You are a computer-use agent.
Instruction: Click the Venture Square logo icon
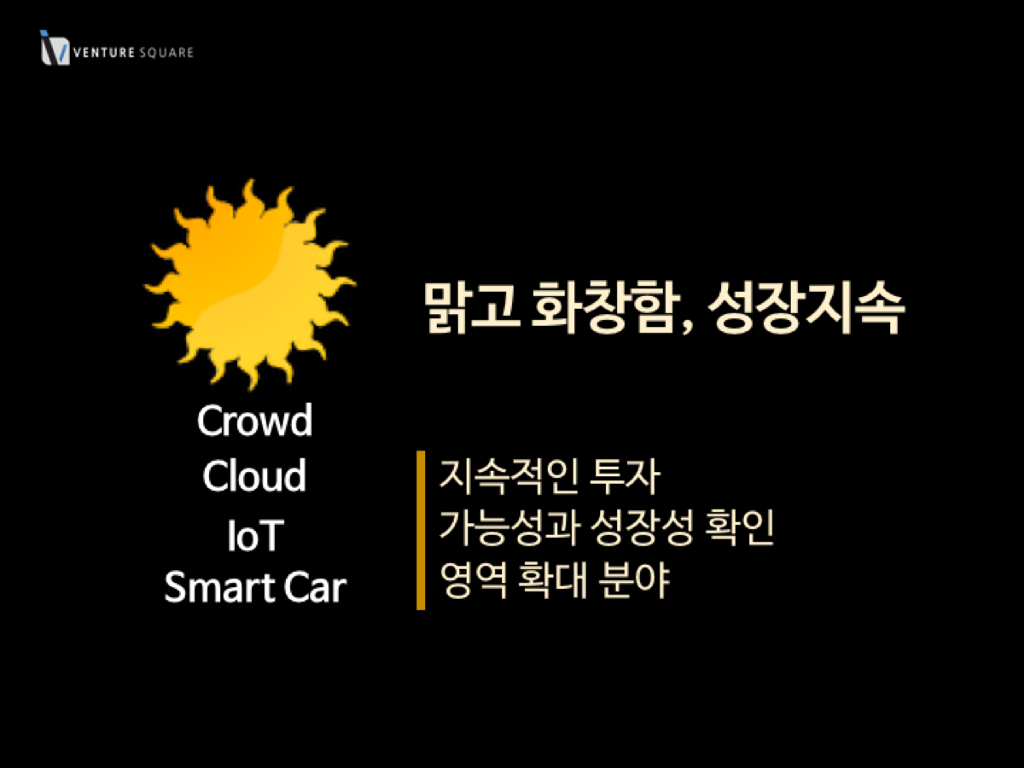click(x=55, y=48)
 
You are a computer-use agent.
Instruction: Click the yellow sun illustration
click(x=250, y=284)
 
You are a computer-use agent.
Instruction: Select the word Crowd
click(x=254, y=421)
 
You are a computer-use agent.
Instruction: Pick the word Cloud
click(x=254, y=475)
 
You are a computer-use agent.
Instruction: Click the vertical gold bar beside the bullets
click(x=421, y=530)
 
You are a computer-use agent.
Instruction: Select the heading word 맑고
click(x=471, y=307)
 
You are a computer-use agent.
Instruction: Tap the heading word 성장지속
click(x=806, y=307)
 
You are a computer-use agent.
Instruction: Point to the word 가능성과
click(x=510, y=527)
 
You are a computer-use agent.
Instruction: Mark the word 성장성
click(x=643, y=527)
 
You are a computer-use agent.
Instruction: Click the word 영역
click(x=473, y=579)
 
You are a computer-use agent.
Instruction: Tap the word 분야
click(x=635, y=579)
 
